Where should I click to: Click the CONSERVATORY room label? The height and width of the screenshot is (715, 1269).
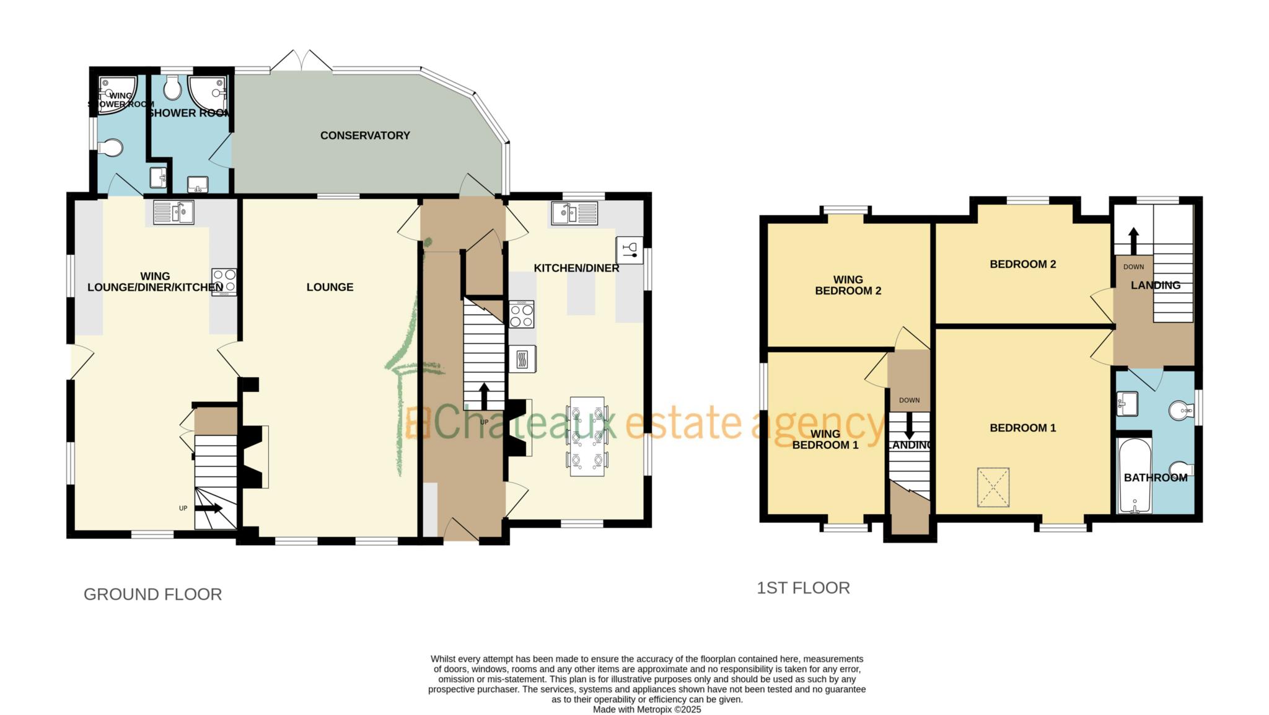pos(365,135)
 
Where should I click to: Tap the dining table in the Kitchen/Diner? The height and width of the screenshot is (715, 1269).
pos(587,437)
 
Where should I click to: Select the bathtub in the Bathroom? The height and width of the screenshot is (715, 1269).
pos(1135,476)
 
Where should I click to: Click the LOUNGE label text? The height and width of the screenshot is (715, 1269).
pos(330,287)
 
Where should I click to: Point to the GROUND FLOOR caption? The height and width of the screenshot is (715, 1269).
pos(152,594)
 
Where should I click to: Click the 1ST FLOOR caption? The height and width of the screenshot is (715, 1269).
pos(803,588)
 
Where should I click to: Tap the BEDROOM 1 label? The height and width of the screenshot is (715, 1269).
pos(1023,428)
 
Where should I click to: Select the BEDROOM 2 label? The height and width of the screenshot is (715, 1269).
pos(1023,264)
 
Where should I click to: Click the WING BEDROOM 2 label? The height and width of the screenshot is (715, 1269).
pos(848,285)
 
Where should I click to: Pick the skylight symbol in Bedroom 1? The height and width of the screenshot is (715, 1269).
pos(994,488)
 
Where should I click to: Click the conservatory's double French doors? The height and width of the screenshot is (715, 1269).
pos(301,61)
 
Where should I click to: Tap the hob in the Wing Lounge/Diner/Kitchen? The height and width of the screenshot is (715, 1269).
pos(224,282)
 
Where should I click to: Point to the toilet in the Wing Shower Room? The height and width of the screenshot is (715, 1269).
pos(110,148)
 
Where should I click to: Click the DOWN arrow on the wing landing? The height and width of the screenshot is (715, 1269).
pos(909,425)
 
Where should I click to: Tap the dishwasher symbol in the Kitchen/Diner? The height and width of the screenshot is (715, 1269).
pos(630,250)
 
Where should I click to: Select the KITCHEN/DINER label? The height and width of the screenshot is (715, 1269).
pos(576,269)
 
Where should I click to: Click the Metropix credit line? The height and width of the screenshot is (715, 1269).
pos(647,709)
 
